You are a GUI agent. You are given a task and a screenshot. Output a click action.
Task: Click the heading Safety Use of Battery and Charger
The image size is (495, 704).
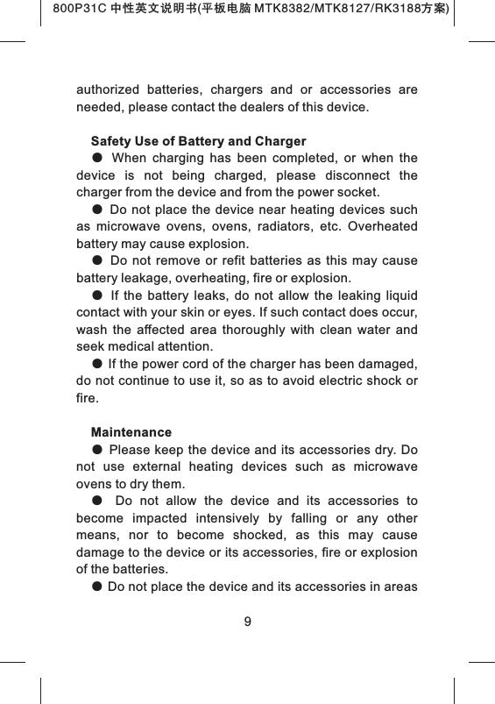(x=198, y=141)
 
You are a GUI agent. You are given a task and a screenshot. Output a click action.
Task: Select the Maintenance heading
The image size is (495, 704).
(x=131, y=433)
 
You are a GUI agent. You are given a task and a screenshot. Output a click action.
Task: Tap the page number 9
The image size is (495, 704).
(x=248, y=622)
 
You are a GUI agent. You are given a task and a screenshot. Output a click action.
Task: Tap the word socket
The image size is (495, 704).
(x=362, y=192)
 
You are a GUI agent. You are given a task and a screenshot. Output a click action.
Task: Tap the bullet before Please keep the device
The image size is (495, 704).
(x=96, y=450)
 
